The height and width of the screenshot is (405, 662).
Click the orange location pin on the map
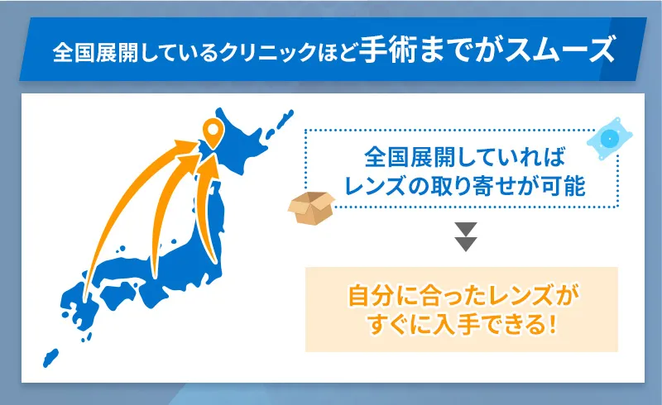213,131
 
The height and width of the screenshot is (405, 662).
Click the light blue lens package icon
610,139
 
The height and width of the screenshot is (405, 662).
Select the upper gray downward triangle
467,229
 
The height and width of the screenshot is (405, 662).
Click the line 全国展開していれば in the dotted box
462,157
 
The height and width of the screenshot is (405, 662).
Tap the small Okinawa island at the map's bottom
50,357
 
